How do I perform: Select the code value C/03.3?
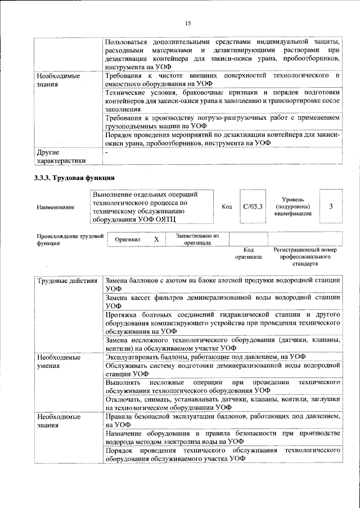[x=253, y=207]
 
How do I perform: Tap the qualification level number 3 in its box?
[x=331, y=206]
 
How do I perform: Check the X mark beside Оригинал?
[x=157, y=240]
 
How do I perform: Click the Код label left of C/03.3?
[x=227, y=207]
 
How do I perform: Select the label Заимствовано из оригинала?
[x=197, y=240]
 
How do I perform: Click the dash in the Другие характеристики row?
[x=106, y=152]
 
